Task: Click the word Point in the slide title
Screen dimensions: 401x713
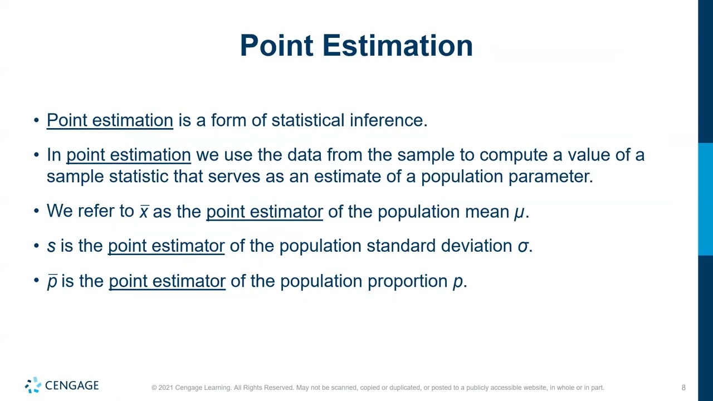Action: pyautogui.click(x=276, y=45)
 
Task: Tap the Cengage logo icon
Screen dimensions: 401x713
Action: pyautogui.click(x=33, y=385)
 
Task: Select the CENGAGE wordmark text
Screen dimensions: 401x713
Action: pyautogui.click(x=72, y=385)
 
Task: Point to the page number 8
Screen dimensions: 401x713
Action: pyautogui.click(x=683, y=388)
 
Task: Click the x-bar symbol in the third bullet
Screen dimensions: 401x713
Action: pyautogui.click(x=144, y=212)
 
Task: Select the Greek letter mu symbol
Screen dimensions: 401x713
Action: pyautogui.click(x=519, y=212)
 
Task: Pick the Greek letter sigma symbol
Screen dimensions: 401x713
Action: pyautogui.click(x=522, y=246)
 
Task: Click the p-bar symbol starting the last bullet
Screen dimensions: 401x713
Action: pyautogui.click(x=52, y=281)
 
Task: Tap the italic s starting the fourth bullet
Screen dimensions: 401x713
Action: pyautogui.click(x=51, y=246)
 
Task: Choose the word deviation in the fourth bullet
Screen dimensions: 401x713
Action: pyautogui.click(x=476, y=246)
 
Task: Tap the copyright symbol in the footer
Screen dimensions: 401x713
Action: pyautogui.click(x=154, y=388)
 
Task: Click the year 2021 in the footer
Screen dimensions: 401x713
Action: pyautogui.click(x=165, y=388)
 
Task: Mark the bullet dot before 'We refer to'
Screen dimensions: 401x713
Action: pyautogui.click(x=36, y=211)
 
